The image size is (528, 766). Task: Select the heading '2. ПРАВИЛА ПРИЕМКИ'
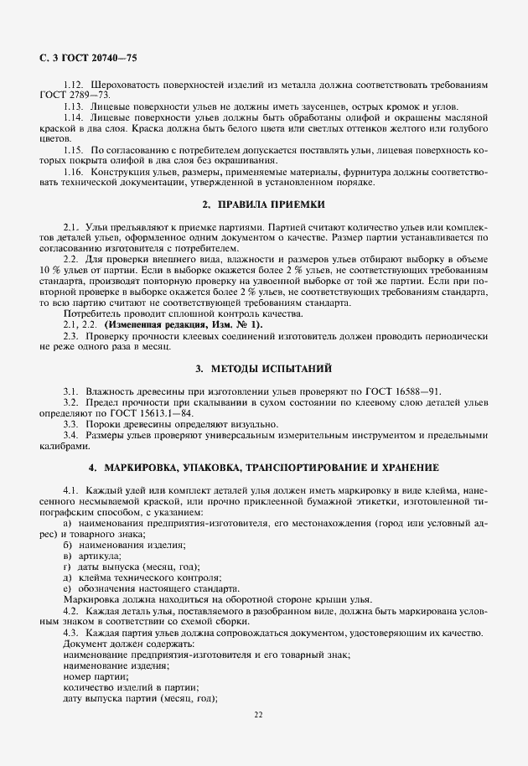tap(265, 204)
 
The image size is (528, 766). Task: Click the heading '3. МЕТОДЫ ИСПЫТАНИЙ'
tap(264, 368)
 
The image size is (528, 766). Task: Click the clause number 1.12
tap(75, 85)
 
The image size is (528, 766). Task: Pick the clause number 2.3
tap(72, 335)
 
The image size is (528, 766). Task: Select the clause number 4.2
tap(72, 610)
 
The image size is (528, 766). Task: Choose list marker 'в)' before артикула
tap(68, 556)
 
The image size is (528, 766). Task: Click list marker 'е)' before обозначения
tap(68, 588)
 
